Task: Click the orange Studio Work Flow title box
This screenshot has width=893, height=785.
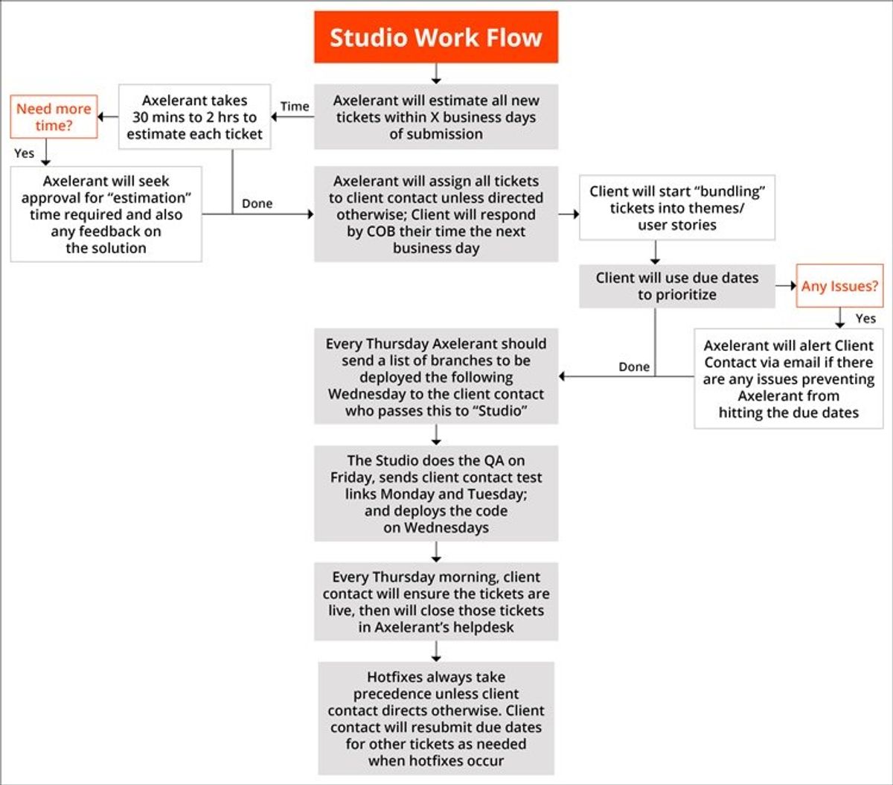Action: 436,37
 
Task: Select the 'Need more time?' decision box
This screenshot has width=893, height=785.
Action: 54,117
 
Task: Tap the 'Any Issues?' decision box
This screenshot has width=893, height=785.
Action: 839,286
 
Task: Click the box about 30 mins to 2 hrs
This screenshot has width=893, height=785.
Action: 194,117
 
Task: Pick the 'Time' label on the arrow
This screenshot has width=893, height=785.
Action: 295,107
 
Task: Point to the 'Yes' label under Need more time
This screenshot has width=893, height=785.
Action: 25,153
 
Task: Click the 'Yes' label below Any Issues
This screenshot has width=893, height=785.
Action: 865,319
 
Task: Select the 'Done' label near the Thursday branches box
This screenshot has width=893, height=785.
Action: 634,366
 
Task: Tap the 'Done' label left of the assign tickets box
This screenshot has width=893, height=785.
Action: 257,203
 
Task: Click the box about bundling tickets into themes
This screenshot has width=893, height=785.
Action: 677,208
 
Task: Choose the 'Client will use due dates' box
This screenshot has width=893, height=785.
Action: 677,286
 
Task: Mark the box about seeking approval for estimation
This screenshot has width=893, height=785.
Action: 106,214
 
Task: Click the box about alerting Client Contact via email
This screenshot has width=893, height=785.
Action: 789,378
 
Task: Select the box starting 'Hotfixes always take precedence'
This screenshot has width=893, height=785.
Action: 436,719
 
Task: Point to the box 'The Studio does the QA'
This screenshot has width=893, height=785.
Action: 436,494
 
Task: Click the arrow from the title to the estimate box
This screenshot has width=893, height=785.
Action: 436,73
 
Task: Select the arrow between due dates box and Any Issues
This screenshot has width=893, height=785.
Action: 786,286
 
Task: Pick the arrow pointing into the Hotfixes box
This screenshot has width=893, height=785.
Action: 436,651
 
